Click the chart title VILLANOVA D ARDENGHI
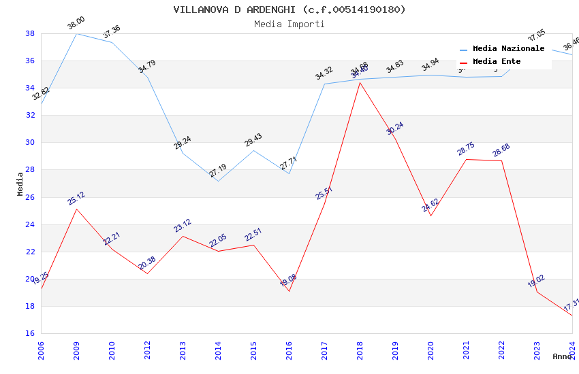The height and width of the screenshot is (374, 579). pos(289,10)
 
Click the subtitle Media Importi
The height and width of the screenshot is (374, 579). pos(289,24)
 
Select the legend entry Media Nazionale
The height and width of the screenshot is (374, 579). pos(508,49)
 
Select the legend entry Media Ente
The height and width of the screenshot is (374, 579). pos(497,62)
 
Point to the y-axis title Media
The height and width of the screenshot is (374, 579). pos(20,184)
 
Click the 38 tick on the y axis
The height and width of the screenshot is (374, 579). pos(30,33)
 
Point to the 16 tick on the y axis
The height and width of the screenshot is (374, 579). pos(30,333)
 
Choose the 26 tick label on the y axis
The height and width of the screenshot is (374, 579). pos(30,197)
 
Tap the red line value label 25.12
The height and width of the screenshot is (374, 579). pos(76,199)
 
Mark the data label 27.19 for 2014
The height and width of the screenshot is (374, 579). pos(218,171)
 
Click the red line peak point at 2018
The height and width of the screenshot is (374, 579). pos(360,82)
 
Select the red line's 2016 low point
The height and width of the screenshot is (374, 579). pos(289,291)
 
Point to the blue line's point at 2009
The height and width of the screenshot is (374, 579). pos(76,33)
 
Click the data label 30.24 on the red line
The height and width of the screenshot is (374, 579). pos(395,129)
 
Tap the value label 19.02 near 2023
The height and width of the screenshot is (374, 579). pos(536,282)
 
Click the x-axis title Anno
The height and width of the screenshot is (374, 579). pos(562,356)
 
